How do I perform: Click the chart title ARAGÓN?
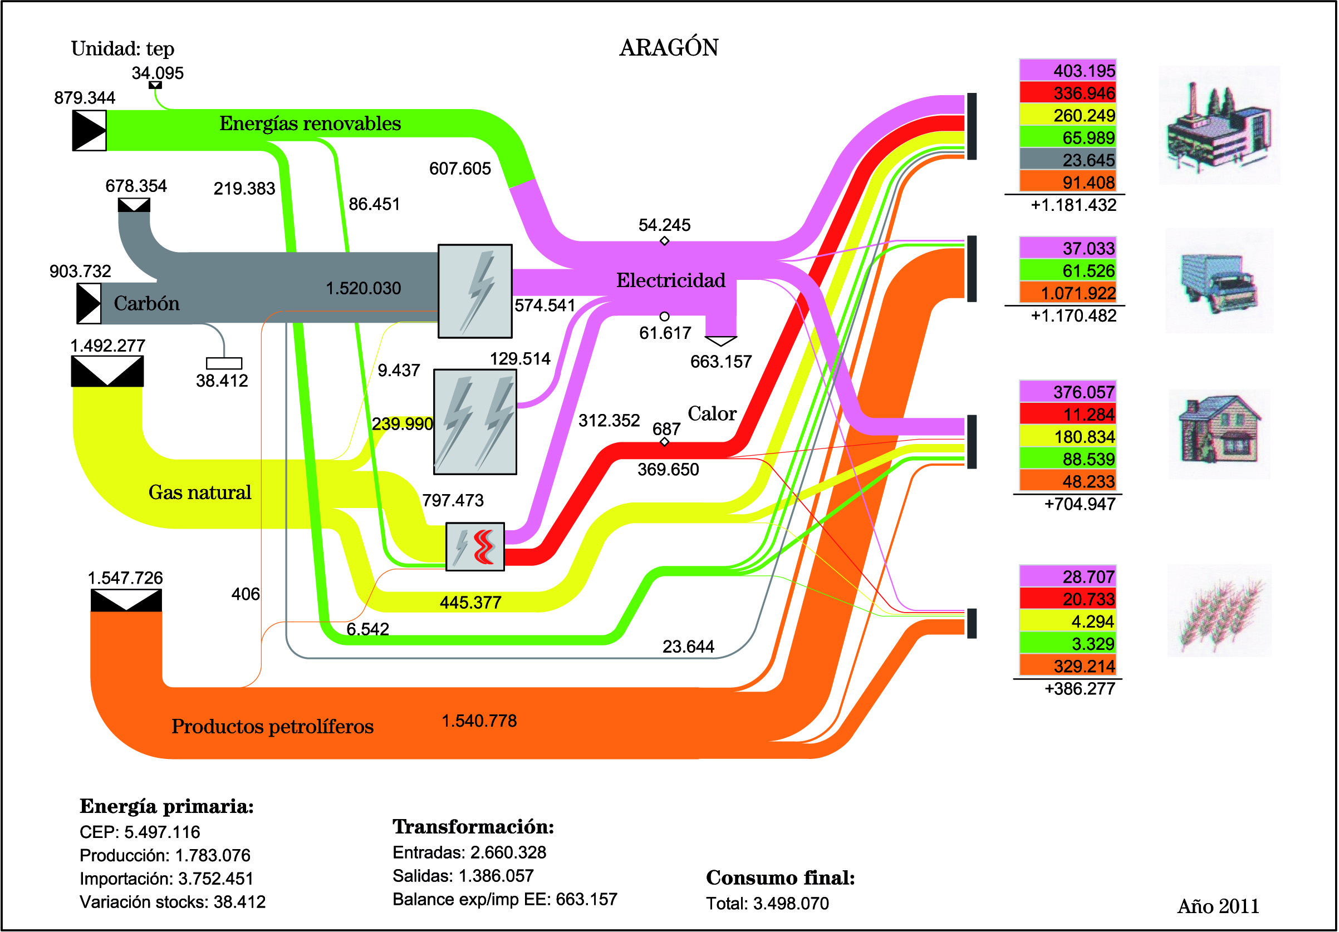pyautogui.click(x=669, y=48)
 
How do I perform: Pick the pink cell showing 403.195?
pyautogui.click(x=1067, y=71)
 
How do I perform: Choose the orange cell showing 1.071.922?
pyautogui.click(x=1067, y=293)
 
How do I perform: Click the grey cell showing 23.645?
pyautogui.click(x=1067, y=160)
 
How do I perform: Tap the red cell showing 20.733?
pyautogui.click(x=1067, y=599)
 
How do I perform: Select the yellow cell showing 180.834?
pyautogui.click(x=1067, y=437)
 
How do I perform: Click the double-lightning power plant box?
pyautogui.click(x=475, y=422)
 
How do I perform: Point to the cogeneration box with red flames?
pyautogui.click(x=475, y=547)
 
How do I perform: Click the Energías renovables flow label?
pyautogui.click(x=310, y=124)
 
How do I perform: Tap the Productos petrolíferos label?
pyautogui.click(x=272, y=727)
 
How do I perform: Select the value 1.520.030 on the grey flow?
pyautogui.click(x=363, y=288)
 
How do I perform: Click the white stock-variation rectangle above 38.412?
pyautogui.click(x=224, y=363)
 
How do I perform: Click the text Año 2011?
pyautogui.click(x=1218, y=906)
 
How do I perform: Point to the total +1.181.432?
pyautogui.click(x=1073, y=205)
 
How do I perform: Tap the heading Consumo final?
pyautogui.click(x=781, y=878)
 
